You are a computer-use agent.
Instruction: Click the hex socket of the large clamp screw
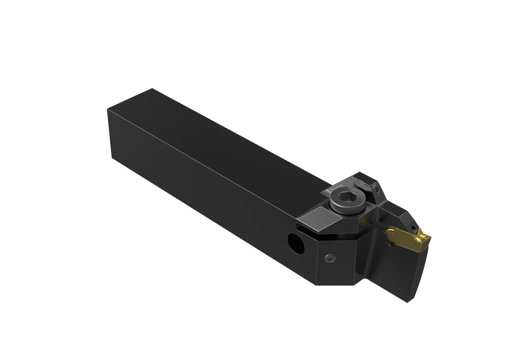click(x=346, y=198)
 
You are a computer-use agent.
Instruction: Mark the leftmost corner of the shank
click(x=108, y=110)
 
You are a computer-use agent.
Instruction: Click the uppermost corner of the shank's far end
click(x=151, y=89)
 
